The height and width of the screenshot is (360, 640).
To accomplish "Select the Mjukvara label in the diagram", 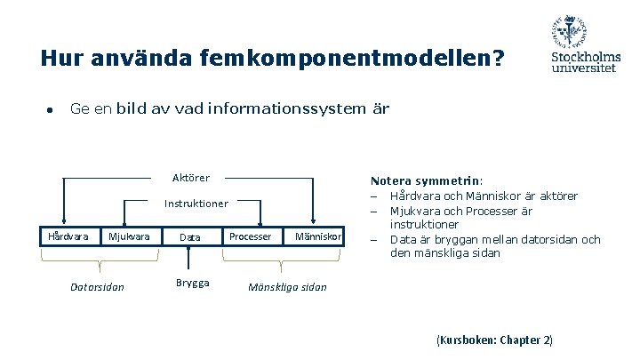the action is point(129,236).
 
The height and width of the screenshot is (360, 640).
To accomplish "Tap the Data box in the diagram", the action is point(189,237).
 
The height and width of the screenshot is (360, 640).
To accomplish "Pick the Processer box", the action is point(251,236).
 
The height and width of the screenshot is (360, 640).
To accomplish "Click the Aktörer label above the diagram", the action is point(191,178).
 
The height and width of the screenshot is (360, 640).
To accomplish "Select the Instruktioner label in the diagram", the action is point(196,204).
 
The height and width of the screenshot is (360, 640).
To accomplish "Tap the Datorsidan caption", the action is point(97,286).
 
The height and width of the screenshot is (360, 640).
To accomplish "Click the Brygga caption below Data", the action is point(192,283).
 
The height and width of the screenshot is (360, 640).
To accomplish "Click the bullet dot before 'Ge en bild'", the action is point(51,110).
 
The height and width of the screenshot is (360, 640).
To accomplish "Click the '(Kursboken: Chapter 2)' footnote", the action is point(494,340).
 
